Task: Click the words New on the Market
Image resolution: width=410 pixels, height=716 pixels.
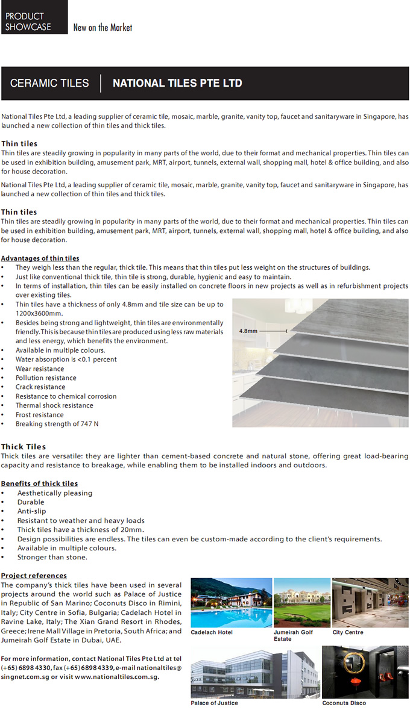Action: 102,28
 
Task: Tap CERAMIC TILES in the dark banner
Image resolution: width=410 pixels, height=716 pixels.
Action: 49,83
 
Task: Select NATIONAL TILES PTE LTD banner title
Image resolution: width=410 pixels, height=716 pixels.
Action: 177,83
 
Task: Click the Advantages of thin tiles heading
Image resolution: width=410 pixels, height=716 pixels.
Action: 40,258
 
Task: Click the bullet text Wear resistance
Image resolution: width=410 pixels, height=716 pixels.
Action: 40,369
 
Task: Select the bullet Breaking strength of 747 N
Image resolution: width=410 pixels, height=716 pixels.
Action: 57,424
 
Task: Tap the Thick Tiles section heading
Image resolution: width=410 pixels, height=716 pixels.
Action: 24,447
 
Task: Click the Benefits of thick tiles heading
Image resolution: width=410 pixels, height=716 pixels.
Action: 39,484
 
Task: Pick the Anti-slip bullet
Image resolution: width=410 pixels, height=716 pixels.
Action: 31,511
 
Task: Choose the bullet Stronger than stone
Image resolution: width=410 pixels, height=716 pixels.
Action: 52,557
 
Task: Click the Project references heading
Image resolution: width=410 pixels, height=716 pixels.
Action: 34,576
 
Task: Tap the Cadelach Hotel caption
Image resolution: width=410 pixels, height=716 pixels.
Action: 212,632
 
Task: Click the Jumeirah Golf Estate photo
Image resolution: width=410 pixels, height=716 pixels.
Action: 302,602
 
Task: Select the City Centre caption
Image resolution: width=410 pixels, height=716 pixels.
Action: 348,632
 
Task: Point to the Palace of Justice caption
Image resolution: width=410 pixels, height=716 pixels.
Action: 214,703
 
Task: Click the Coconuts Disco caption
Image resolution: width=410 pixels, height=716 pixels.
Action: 344,703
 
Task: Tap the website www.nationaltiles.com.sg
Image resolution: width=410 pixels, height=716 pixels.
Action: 116,677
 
